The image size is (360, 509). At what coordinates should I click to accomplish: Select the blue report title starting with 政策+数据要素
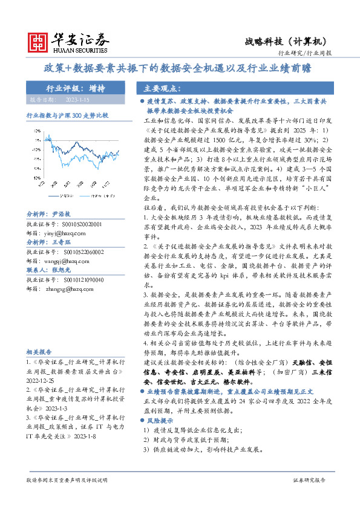[180, 68]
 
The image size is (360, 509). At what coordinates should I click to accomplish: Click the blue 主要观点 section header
[159, 88]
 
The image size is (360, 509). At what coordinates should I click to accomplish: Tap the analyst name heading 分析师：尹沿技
[48, 215]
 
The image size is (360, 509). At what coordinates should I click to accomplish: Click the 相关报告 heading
[39, 351]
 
